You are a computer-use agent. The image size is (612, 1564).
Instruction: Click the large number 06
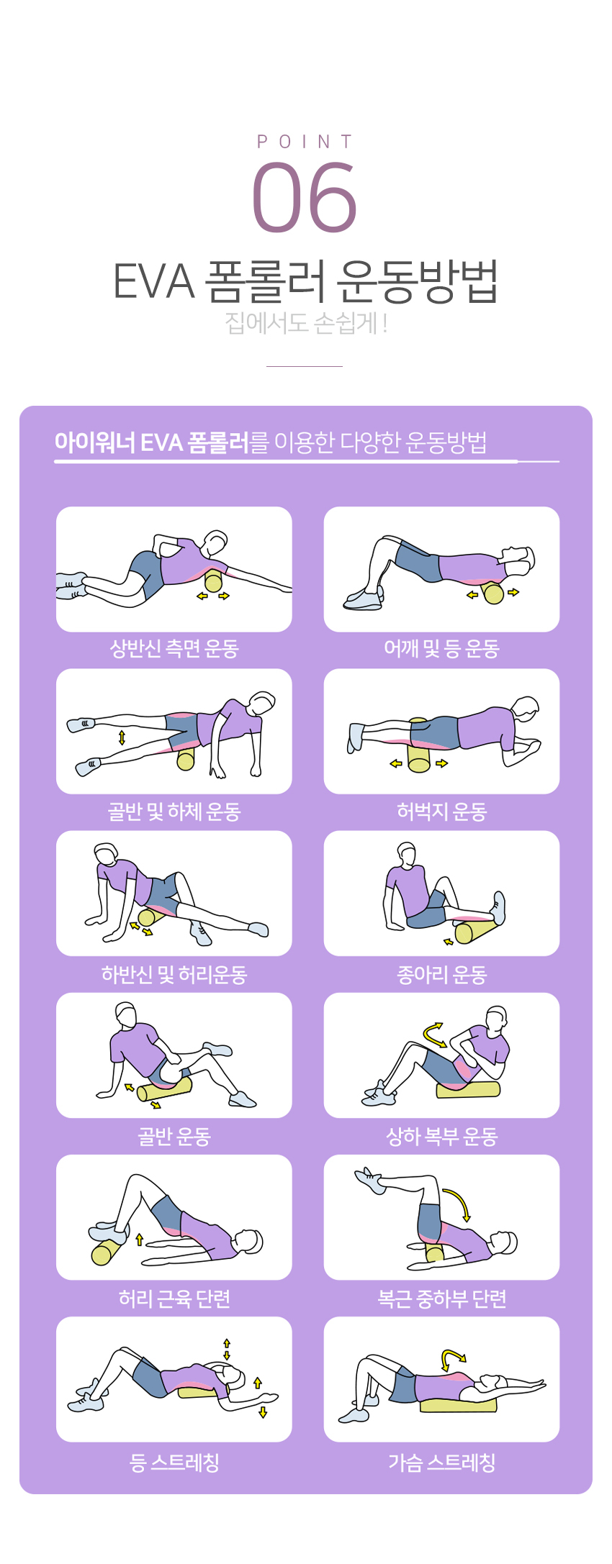point(305,196)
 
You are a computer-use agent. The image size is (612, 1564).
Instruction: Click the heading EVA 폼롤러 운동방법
point(305,281)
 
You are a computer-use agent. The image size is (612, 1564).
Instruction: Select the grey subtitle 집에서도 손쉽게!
point(306,323)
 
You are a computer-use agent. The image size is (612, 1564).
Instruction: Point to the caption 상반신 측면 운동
point(174,649)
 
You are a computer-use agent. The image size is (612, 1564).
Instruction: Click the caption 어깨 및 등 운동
point(441,649)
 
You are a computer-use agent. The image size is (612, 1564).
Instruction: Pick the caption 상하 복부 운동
point(441,1137)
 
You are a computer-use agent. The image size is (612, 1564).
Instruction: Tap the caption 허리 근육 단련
point(174,1299)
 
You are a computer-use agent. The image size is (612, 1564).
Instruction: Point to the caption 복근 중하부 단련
point(441,1299)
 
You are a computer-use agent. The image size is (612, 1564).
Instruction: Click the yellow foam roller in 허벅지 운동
point(419,746)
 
